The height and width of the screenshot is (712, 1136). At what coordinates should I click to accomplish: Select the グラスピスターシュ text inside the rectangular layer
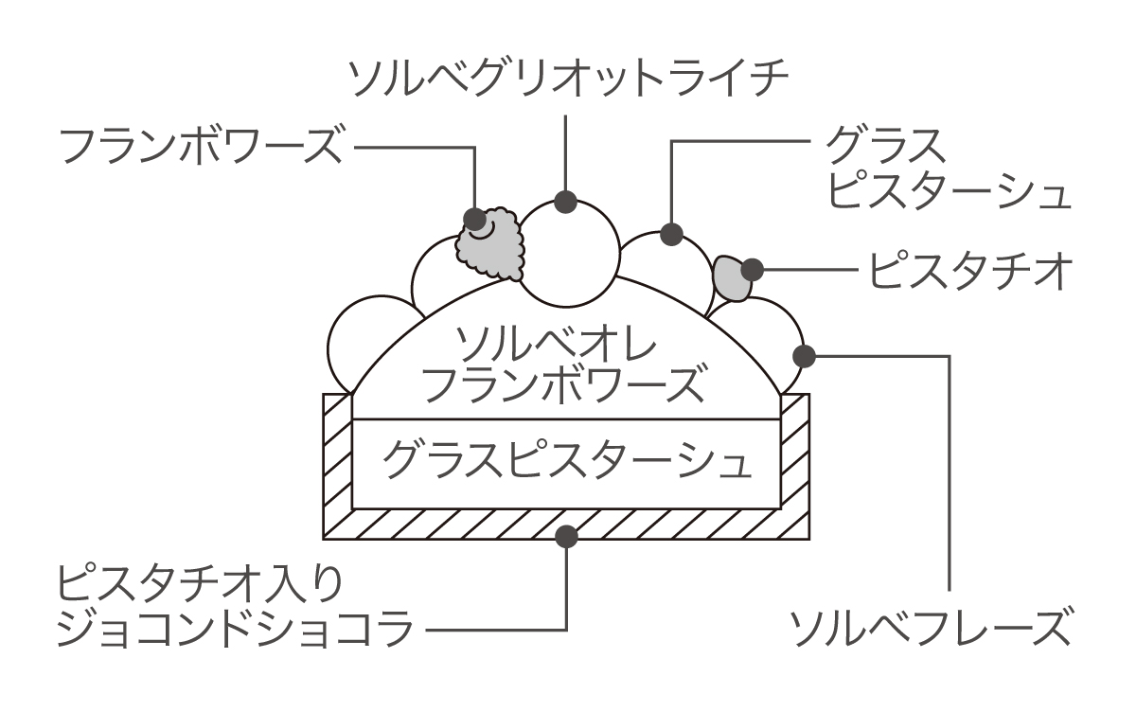point(567,462)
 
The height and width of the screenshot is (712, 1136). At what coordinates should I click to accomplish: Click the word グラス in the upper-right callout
point(885,147)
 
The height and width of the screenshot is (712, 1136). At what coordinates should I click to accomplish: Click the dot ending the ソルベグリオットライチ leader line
point(566,202)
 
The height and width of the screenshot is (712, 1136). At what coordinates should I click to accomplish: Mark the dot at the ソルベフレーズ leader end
point(805,357)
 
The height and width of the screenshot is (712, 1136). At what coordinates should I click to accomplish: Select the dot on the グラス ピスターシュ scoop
point(671,233)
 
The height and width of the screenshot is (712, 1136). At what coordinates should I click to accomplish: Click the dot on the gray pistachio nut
point(753,270)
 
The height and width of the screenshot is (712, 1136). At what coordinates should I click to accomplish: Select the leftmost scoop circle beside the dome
point(352,343)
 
